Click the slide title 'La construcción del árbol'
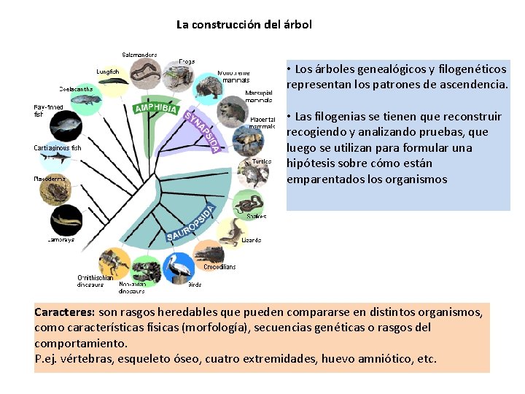coord(244,24)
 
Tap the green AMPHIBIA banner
coord(156,109)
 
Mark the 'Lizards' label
coord(252,240)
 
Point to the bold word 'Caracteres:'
coord(64,312)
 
